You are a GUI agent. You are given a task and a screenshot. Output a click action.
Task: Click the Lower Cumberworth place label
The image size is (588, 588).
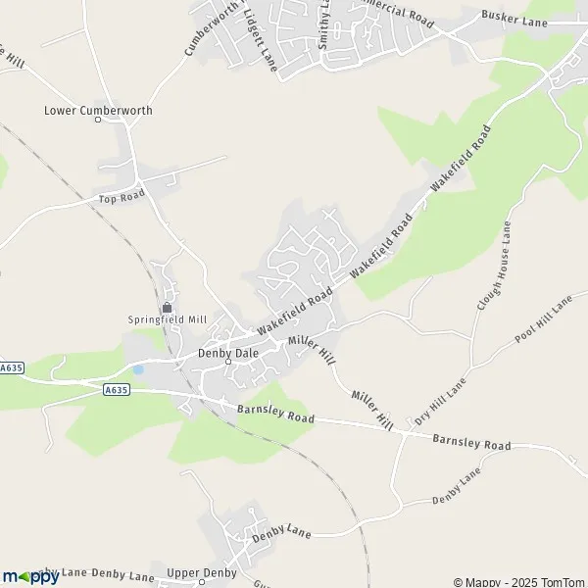(98, 110)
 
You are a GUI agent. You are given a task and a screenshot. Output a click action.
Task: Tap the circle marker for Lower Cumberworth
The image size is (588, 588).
(98, 120)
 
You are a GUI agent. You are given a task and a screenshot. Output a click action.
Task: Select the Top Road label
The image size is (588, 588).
(122, 198)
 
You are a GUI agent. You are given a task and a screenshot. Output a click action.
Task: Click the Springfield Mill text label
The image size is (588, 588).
(168, 319)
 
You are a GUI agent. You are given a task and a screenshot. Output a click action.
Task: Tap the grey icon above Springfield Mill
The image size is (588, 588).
(167, 307)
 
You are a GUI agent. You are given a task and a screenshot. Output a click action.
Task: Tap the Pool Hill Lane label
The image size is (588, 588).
(542, 318)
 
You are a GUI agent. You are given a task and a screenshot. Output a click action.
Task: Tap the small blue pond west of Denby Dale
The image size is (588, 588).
(138, 369)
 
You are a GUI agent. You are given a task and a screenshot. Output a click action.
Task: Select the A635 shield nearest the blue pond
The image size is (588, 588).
(116, 389)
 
